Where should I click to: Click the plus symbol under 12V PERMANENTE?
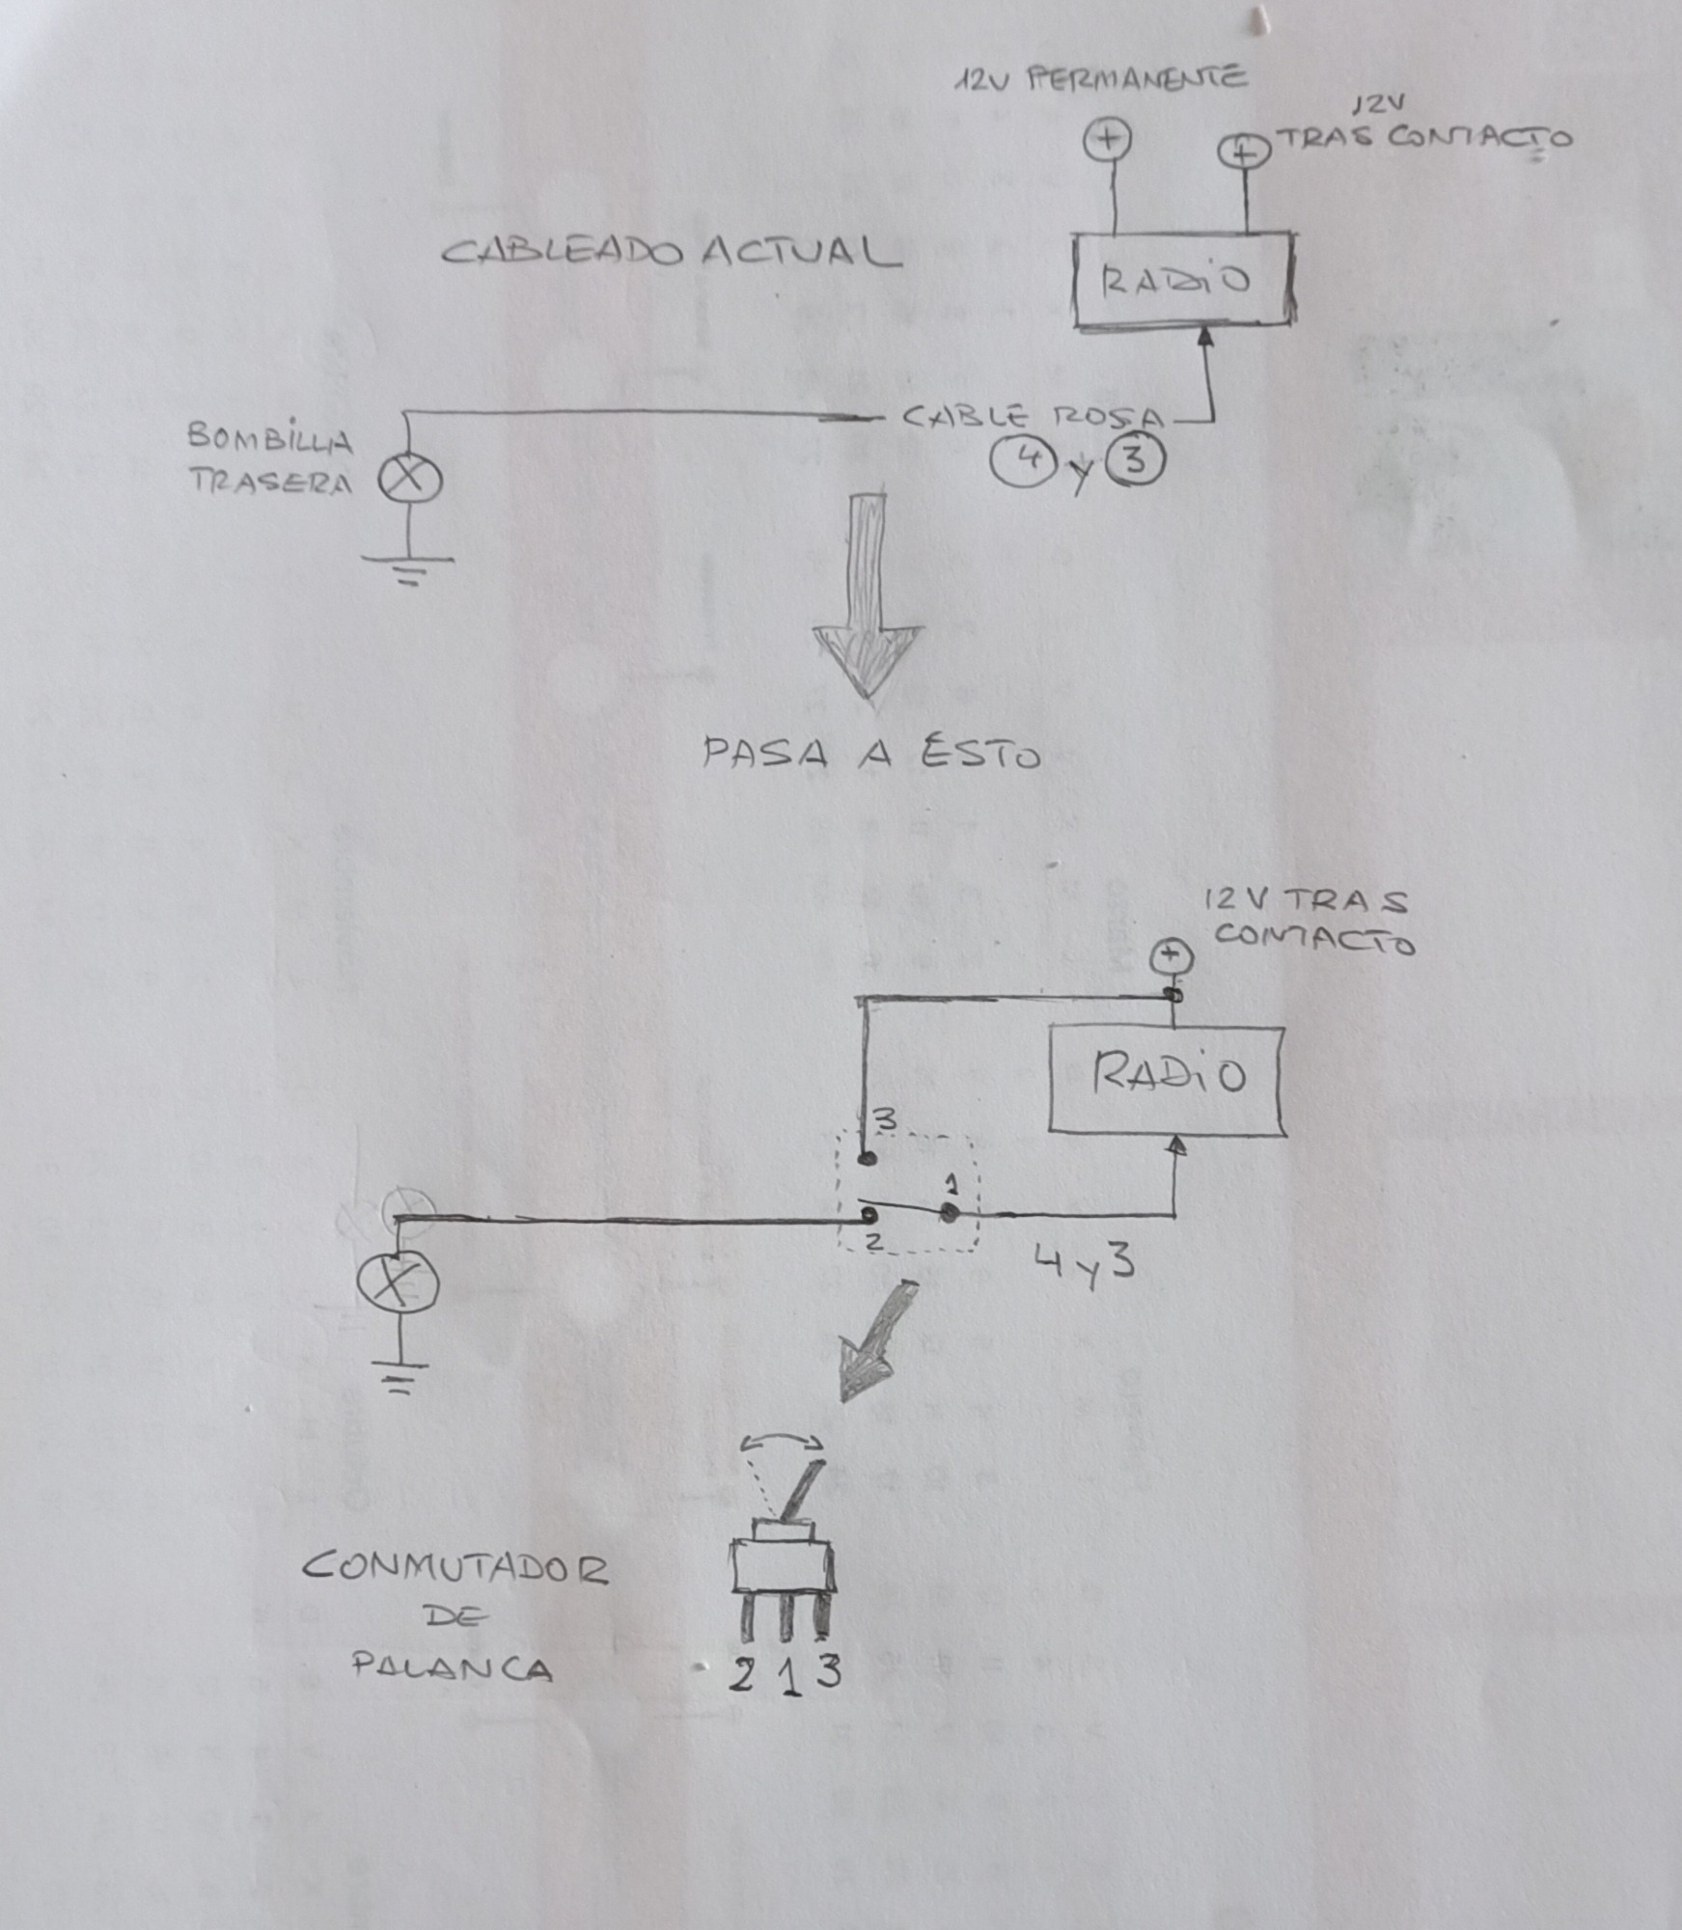click(x=1107, y=140)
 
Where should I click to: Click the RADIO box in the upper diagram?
click(x=1184, y=280)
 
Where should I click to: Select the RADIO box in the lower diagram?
click(x=1167, y=1078)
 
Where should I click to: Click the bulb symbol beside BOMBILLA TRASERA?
click(x=409, y=480)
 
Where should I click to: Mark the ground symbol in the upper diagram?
click(x=409, y=569)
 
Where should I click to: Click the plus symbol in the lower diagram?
click(x=1172, y=958)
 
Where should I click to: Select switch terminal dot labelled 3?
click(x=867, y=1158)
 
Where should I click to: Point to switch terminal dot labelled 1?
click(x=951, y=1214)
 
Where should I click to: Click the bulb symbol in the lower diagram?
click(x=398, y=1282)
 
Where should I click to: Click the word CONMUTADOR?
click(x=455, y=1569)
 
